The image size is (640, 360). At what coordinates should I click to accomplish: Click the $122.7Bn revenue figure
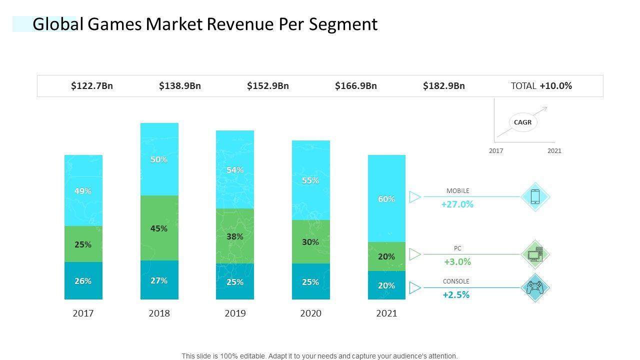pos(92,86)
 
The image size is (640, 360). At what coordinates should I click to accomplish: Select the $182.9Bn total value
pos(444,86)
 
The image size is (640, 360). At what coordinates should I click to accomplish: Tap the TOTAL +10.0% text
pos(541,86)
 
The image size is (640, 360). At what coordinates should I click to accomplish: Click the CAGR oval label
pos(522,122)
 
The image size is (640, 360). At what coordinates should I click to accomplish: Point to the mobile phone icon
pos(535,196)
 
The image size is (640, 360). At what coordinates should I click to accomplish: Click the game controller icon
pos(535,288)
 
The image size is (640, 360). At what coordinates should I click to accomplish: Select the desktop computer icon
pos(535,254)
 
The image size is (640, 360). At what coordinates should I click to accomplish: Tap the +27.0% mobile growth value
pos(457,204)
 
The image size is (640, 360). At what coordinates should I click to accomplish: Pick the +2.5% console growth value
pos(456,295)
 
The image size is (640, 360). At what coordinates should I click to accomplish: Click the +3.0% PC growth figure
pos(457,262)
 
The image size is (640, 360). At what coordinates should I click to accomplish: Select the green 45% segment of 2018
pos(159,228)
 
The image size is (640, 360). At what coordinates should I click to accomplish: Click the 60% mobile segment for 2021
pos(386,199)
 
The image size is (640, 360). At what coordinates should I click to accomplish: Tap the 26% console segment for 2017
pos(83,281)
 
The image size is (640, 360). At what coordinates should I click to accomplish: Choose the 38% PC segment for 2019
pos(235,236)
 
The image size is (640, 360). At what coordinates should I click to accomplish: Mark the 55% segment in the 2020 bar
pos(310,180)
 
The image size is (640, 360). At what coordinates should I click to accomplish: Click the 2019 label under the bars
pos(235,313)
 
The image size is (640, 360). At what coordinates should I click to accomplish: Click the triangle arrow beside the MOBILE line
pos(415,197)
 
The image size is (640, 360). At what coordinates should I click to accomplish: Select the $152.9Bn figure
pos(268,86)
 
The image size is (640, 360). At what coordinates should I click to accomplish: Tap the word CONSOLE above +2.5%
pos(456,281)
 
